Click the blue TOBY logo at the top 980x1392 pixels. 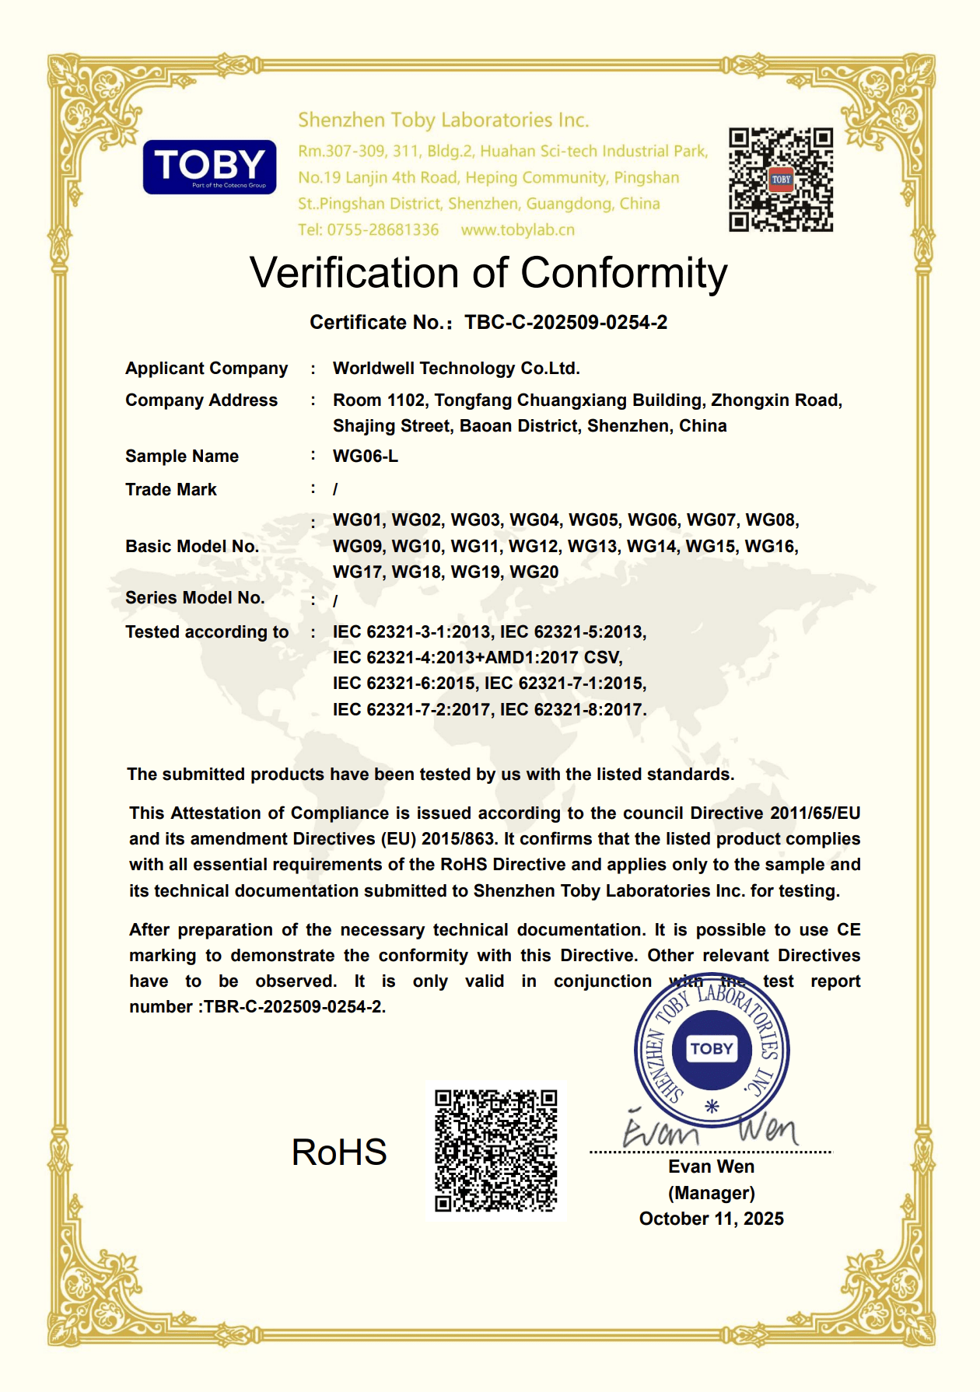click(x=209, y=166)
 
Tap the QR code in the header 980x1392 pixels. click(x=780, y=180)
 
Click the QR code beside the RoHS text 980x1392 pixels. click(x=495, y=1150)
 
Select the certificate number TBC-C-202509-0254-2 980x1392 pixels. click(x=565, y=323)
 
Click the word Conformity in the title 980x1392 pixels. click(x=623, y=274)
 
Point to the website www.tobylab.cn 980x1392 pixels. click(x=517, y=230)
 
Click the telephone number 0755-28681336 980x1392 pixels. click(x=383, y=230)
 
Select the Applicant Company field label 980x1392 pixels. click(x=206, y=369)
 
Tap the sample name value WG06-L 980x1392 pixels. click(x=365, y=456)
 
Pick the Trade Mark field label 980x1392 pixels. click(x=171, y=490)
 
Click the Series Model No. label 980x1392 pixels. click(x=194, y=598)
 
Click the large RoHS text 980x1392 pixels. click(x=338, y=1152)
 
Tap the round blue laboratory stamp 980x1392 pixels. click(x=712, y=1049)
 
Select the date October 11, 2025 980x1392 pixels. click(x=711, y=1219)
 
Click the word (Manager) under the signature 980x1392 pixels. click(x=711, y=1193)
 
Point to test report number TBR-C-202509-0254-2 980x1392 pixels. click(x=293, y=1007)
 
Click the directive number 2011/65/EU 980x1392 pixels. click(x=814, y=813)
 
